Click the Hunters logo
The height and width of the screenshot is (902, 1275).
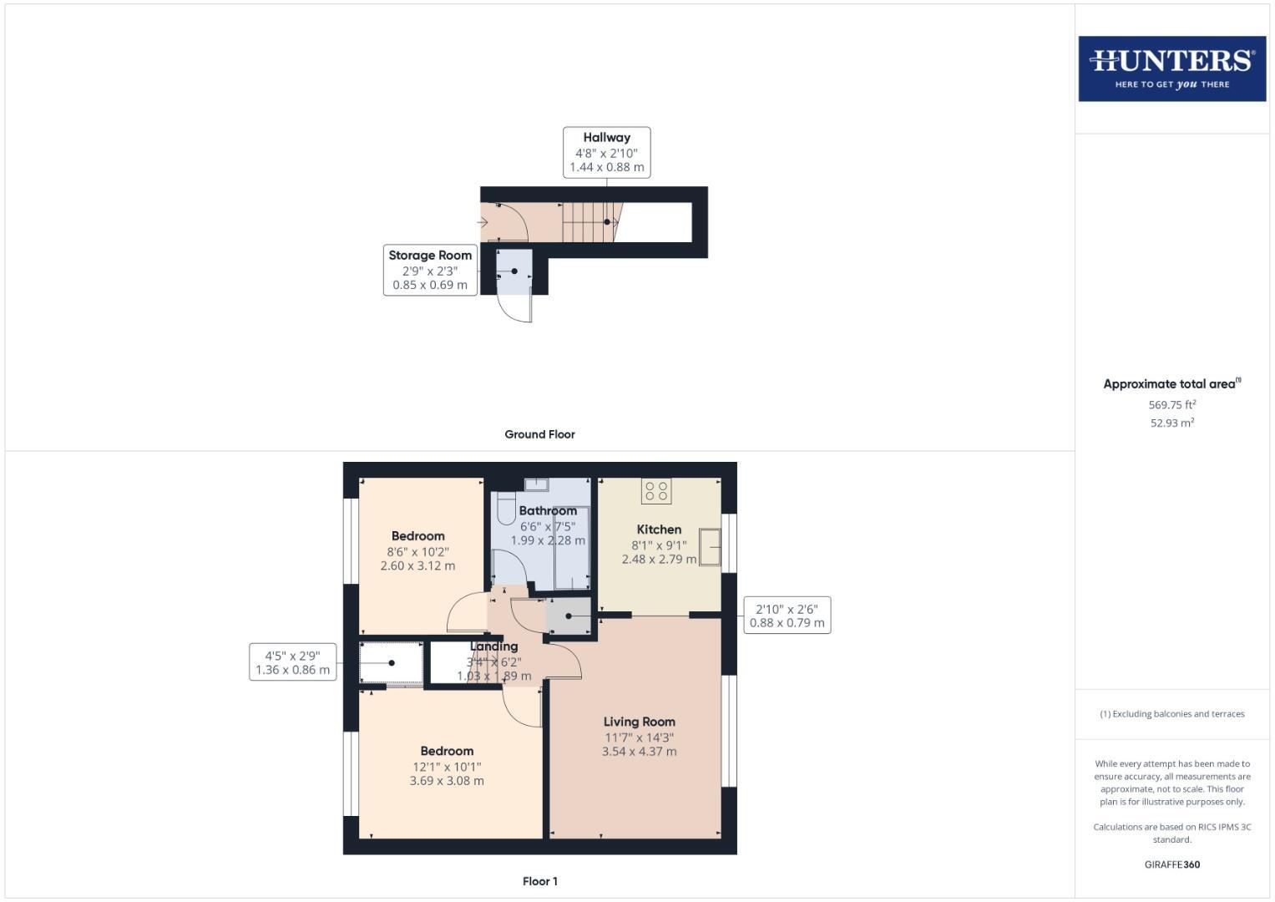pos(1171,68)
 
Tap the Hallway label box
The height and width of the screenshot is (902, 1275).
pos(606,152)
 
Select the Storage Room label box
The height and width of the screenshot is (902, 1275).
pos(430,270)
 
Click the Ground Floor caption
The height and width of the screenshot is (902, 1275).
pos(539,434)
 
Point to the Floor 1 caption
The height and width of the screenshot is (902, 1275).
pos(539,881)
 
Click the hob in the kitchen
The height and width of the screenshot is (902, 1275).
pos(656,490)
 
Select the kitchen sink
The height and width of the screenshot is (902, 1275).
pos(709,547)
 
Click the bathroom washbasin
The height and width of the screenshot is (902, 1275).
pos(535,484)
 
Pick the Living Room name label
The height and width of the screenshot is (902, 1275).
pos(639,722)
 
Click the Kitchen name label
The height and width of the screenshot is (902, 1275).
pos(659,530)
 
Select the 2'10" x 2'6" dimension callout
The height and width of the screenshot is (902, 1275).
pos(787,616)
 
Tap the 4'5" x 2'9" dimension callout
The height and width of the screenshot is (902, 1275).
pos(292,662)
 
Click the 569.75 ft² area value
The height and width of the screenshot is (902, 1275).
pos(1171,405)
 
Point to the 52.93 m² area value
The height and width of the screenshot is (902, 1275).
pos(1171,423)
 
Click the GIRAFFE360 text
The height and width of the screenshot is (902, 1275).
pos(1171,864)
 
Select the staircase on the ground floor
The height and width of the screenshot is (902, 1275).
pos(589,222)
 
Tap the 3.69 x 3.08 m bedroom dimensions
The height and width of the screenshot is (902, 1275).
pos(447,781)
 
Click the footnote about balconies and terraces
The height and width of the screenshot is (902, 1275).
pos(1171,714)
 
